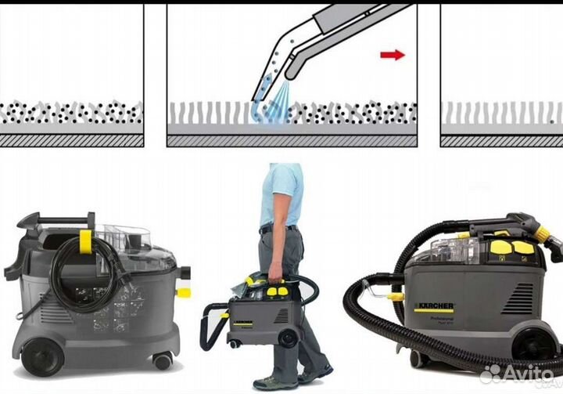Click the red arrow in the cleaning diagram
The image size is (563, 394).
click(393, 54)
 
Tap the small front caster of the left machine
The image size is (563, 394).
click(162, 360)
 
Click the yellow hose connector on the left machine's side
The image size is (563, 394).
click(183, 292)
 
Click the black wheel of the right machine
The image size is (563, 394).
click(536, 345)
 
